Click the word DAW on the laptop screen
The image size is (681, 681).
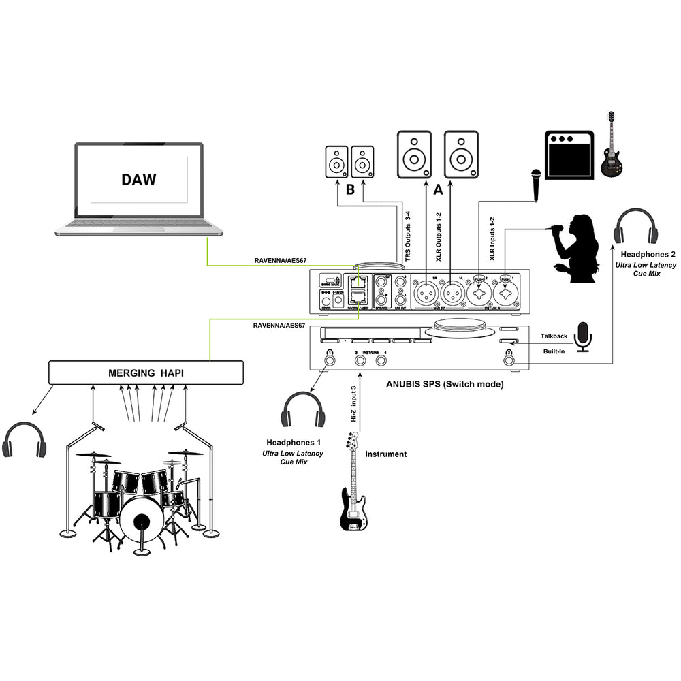(x=139, y=180)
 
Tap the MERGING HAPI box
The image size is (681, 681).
(x=146, y=373)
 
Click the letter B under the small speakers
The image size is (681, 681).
(x=350, y=190)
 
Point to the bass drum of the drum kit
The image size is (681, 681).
(x=141, y=521)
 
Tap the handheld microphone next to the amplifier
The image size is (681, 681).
(x=537, y=184)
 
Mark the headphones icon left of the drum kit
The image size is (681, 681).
(x=25, y=440)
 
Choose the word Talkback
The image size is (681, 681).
(x=554, y=336)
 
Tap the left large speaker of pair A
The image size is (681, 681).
(x=415, y=155)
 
